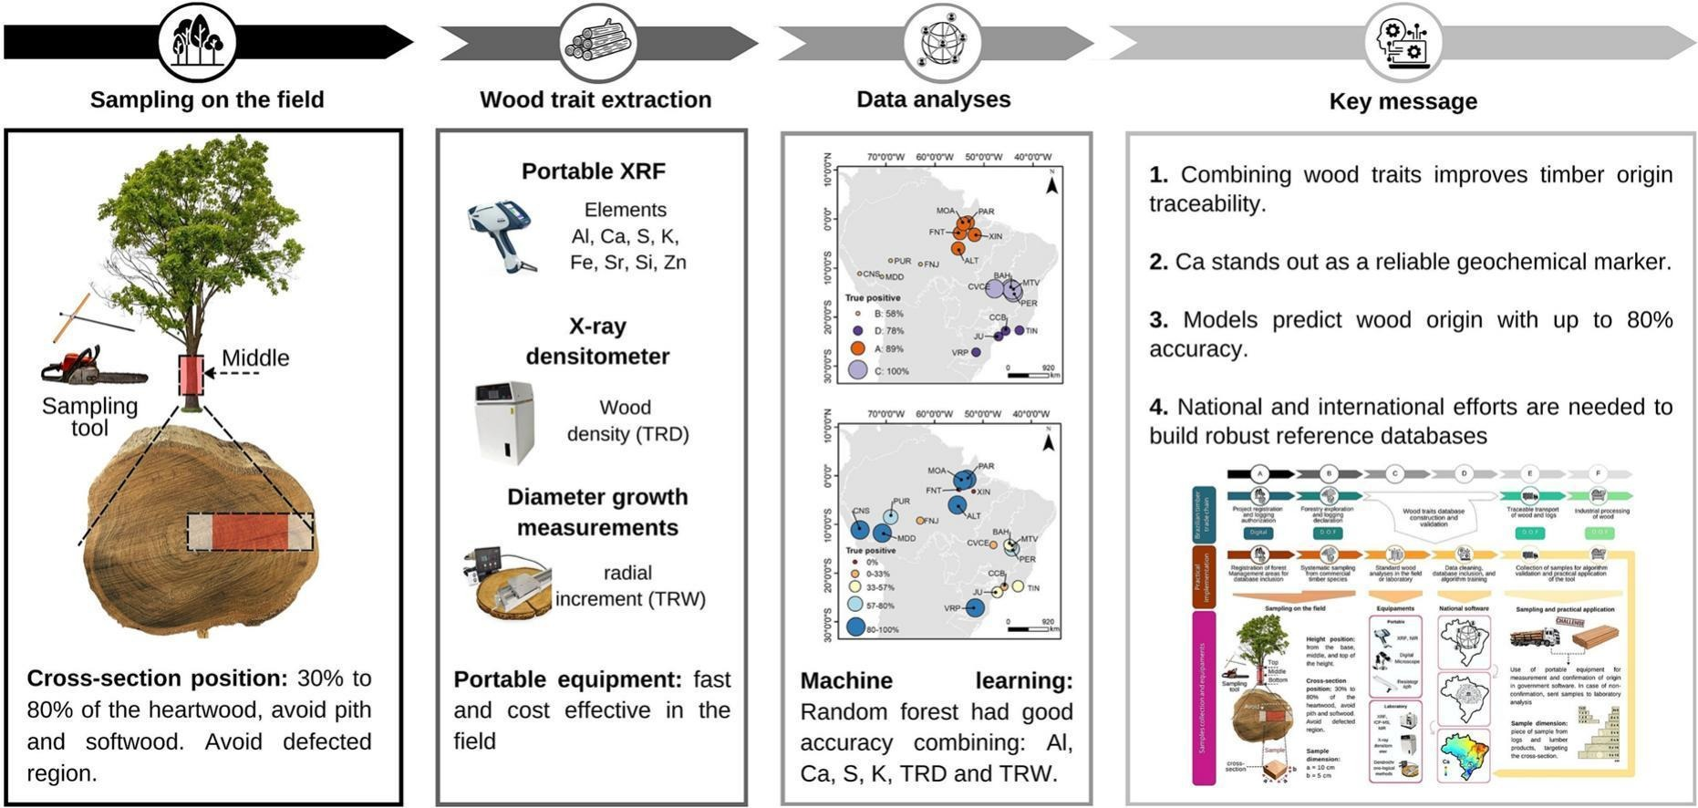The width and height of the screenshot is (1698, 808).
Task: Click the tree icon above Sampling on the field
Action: coord(197,41)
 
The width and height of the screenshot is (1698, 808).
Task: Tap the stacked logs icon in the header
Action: coord(597,42)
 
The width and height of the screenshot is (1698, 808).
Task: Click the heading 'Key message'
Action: coord(1403,101)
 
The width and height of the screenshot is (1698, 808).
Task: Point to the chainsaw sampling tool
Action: coord(91,367)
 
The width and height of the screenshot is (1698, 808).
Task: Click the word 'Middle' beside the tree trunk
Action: coord(255,358)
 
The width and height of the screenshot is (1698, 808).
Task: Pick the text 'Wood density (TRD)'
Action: coord(627,420)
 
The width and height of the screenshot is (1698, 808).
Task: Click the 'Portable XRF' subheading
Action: coord(593,171)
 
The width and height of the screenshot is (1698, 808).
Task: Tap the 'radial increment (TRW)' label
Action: coord(629,585)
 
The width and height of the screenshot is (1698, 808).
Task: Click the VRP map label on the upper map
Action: coord(959,352)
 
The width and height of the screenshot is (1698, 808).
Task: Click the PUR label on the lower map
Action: coord(901,502)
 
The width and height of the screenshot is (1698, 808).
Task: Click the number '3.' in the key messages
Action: coord(1158,320)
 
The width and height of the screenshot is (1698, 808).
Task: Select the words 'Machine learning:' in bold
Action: coord(936,681)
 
